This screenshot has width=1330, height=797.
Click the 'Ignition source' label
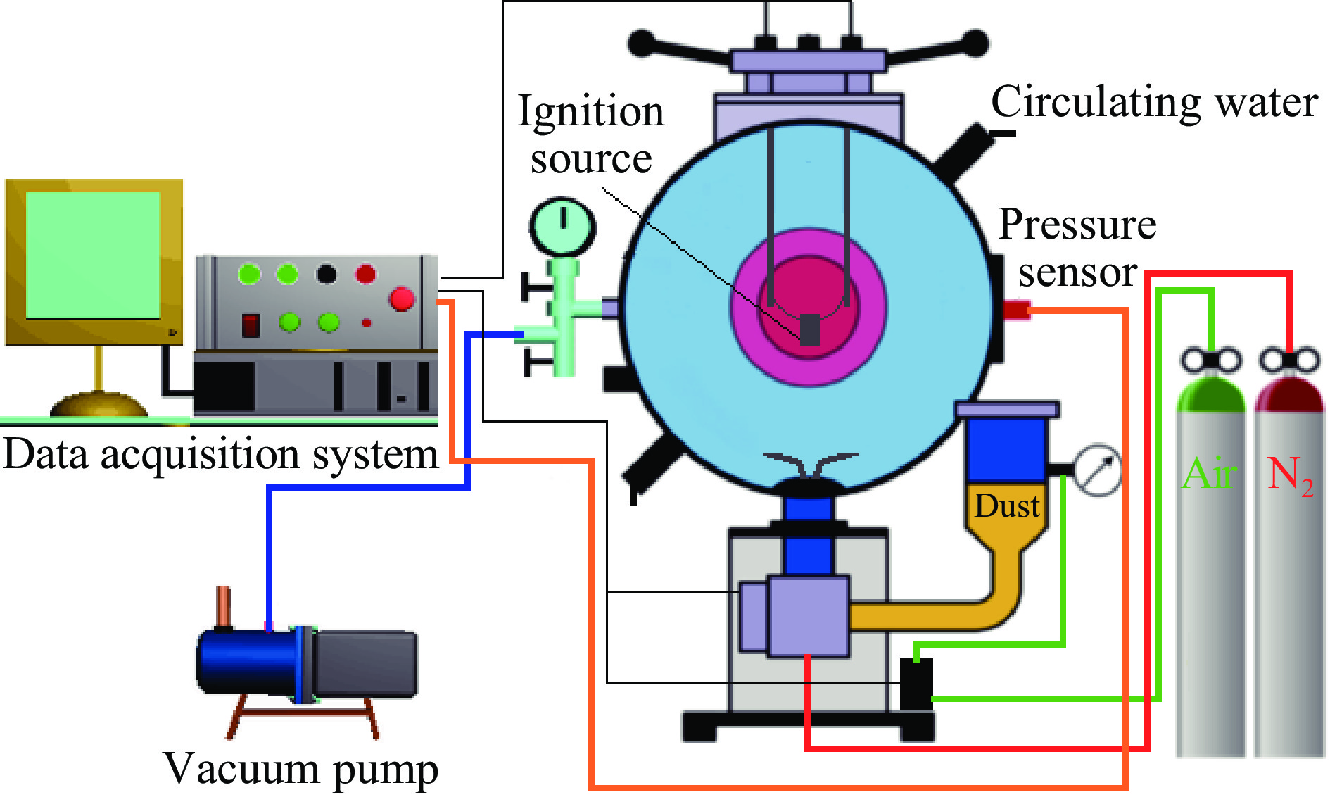point(591,134)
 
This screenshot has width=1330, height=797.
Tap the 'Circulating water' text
point(1154,103)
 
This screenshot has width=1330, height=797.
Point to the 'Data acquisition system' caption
point(220,454)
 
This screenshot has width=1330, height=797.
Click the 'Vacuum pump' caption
point(300,768)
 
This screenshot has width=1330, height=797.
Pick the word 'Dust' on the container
point(1007,506)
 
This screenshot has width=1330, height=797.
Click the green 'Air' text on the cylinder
point(1209,473)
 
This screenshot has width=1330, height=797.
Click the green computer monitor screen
point(93,255)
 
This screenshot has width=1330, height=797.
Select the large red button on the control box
point(402,299)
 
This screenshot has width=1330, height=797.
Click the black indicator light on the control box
point(326,273)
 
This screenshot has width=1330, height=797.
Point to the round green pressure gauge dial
point(562,225)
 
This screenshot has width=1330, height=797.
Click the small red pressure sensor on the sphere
point(1016,309)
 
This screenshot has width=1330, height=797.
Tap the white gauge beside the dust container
point(1097,470)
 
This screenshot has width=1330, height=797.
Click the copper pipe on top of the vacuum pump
point(223,605)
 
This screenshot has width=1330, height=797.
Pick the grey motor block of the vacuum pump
point(365,663)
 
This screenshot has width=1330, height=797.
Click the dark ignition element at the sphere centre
point(810,329)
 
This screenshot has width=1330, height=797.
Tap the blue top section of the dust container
point(1007,449)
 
